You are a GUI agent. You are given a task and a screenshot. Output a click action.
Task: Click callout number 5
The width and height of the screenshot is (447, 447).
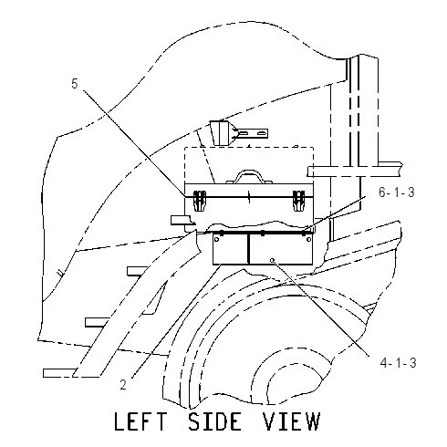(x=75, y=84)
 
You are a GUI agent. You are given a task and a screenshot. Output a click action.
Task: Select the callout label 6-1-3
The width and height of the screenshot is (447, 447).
(x=397, y=192)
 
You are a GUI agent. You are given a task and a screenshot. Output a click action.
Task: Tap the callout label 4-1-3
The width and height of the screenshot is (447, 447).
(x=398, y=362)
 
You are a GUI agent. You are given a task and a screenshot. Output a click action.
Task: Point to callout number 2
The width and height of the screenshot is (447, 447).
(x=123, y=385)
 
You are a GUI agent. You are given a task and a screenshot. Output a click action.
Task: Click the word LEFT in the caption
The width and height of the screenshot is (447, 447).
(x=140, y=421)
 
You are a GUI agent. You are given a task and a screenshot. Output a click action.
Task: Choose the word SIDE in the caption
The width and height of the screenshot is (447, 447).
(x=214, y=421)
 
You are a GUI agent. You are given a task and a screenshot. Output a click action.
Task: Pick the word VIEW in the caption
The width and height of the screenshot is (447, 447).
(x=292, y=421)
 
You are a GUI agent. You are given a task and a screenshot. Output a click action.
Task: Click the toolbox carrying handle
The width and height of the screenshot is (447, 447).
(x=249, y=174)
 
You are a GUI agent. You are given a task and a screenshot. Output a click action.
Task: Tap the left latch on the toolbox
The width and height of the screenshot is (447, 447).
(x=200, y=201)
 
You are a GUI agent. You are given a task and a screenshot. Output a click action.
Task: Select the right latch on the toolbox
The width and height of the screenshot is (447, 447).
(x=298, y=201)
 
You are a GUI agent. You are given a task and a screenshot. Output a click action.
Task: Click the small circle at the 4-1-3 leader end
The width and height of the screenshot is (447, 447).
(x=273, y=260)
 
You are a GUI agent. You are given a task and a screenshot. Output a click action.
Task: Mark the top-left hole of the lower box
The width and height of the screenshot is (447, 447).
(x=216, y=240)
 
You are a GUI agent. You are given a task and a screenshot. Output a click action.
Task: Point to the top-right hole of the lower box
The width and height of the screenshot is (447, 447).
(x=308, y=240)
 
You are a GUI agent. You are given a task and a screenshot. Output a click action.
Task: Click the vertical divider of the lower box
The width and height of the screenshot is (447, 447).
(x=249, y=249)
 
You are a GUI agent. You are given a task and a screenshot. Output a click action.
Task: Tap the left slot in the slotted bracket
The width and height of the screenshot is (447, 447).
(x=244, y=133)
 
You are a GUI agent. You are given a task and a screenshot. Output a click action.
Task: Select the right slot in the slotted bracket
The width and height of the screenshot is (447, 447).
(x=261, y=133)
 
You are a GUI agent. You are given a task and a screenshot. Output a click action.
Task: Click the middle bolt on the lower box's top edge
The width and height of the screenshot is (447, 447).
(x=263, y=234)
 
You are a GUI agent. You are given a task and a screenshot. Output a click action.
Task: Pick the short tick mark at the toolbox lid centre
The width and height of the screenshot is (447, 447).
(x=249, y=197)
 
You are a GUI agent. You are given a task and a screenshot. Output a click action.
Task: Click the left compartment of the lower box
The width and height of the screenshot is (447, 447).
(x=231, y=249)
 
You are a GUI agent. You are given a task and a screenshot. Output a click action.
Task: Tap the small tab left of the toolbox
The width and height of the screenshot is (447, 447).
(x=182, y=220)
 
